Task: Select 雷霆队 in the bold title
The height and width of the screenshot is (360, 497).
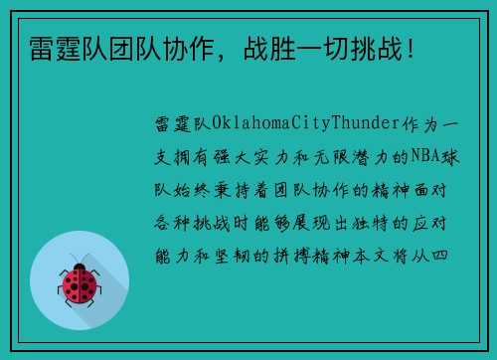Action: pyautogui.click(x=58, y=46)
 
